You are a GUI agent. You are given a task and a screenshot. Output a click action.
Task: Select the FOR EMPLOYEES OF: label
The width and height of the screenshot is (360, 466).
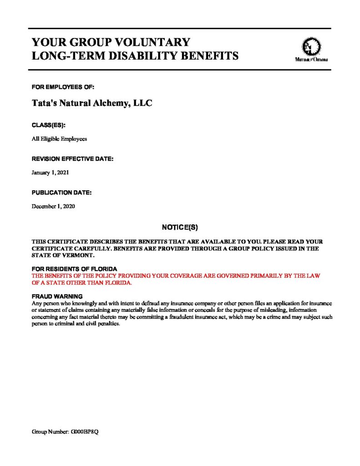click(63, 87)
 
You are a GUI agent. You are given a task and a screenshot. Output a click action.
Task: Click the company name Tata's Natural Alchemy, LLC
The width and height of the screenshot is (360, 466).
click(91, 103)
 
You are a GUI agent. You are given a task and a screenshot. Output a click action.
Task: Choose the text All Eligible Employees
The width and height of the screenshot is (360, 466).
click(59, 139)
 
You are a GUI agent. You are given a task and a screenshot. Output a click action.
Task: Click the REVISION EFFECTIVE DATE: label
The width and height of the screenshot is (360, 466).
click(72, 159)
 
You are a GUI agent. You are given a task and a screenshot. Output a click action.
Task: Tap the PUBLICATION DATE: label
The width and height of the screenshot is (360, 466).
click(61, 192)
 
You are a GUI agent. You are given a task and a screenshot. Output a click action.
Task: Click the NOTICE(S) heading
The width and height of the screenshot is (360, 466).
click(180, 226)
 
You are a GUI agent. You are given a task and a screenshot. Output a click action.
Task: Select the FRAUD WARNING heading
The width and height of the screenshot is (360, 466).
click(57, 296)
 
